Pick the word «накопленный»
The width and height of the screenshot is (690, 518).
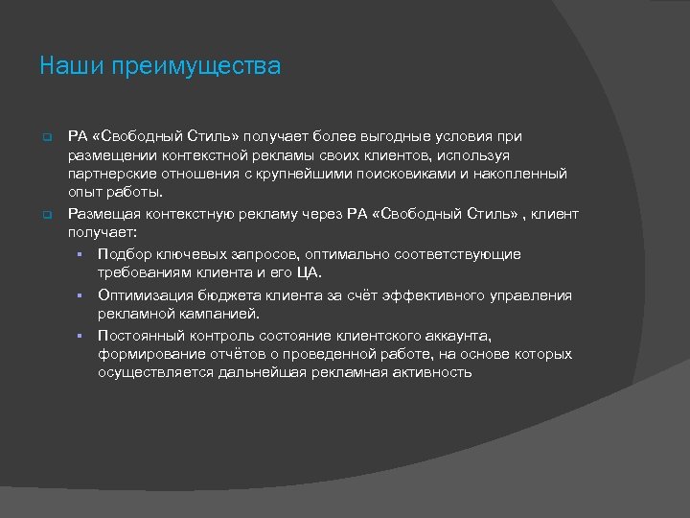tap(520, 174)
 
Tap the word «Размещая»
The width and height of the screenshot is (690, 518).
tap(103, 213)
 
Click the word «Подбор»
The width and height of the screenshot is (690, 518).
tap(122, 254)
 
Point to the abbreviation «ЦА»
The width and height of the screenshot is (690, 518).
tap(311, 273)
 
